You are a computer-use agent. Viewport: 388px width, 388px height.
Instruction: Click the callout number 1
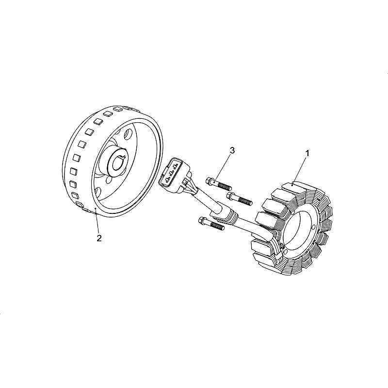[x=307, y=153]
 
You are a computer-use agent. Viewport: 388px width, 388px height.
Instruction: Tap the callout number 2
[x=99, y=238]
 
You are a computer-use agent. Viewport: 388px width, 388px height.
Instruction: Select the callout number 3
[x=232, y=150]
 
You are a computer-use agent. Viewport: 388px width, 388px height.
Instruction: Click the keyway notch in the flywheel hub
[x=123, y=156]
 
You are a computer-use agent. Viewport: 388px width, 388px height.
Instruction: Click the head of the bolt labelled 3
[x=210, y=181]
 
